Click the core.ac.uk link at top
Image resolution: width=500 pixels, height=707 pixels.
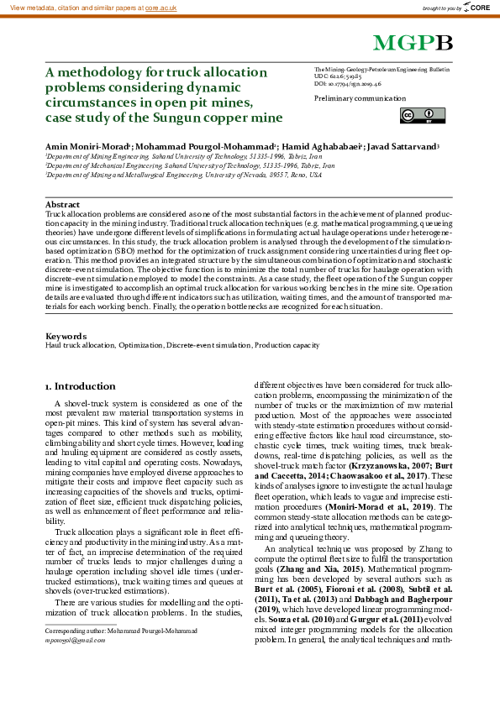[x=161, y=7]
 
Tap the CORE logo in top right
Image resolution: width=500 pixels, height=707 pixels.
[x=475, y=8]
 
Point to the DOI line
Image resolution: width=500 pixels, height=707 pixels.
[x=348, y=85]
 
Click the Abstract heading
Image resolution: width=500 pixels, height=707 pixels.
[x=62, y=205]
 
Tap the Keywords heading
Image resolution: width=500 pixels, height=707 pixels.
[x=66, y=336]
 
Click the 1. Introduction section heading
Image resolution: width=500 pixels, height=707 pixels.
[x=80, y=386]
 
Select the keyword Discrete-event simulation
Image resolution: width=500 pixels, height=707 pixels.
[x=208, y=345]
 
